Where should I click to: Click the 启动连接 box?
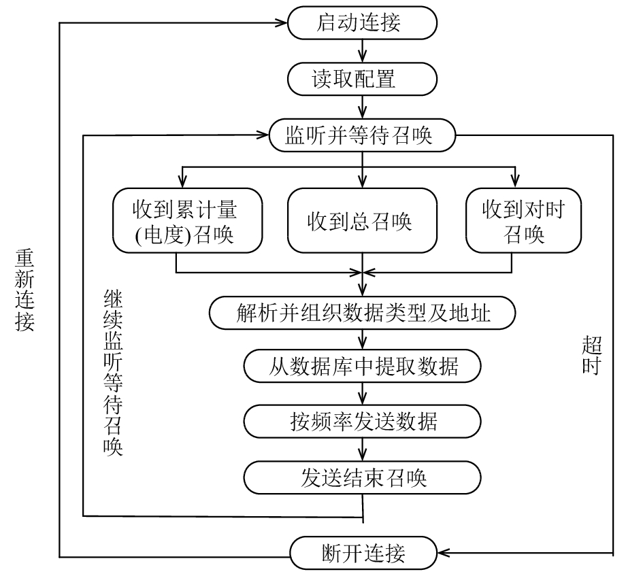pos(362,23)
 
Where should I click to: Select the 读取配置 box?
pos(362,79)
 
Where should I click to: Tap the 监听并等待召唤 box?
pos(362,135)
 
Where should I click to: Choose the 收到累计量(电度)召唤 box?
pos(187,220)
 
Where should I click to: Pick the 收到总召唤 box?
pos(362,220)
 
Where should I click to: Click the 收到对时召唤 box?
pos(523,220)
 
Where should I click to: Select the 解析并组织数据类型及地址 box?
pos(362,313)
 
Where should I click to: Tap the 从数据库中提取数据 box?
pos(362,366)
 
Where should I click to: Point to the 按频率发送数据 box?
pos(362,422)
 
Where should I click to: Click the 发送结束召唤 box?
pos(362,477)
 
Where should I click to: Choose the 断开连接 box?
pos(363,553)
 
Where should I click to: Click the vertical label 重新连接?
pos(24,290)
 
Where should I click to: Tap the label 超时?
pos(591,355)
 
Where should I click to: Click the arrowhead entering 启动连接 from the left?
pos(281,22)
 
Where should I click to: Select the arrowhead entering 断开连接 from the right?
pos(444,553)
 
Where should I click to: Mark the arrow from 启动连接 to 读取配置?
pos(362,51)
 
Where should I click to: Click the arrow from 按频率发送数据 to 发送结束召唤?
pos(362,450)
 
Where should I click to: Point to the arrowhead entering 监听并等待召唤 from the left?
pos(263,135)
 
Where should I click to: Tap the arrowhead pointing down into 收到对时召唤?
pos(515,181)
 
